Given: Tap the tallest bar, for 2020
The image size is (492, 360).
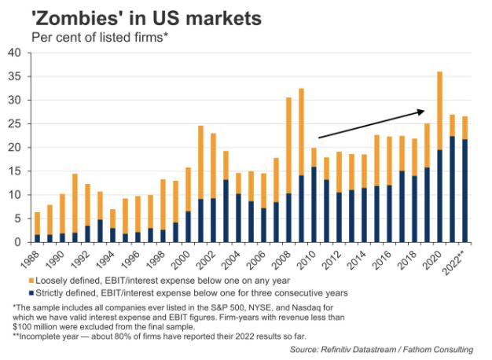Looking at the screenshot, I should [439, 157].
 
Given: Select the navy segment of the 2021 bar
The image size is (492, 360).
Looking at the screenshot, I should [453, 189].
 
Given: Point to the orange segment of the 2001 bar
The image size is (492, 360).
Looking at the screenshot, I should [200, 162].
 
